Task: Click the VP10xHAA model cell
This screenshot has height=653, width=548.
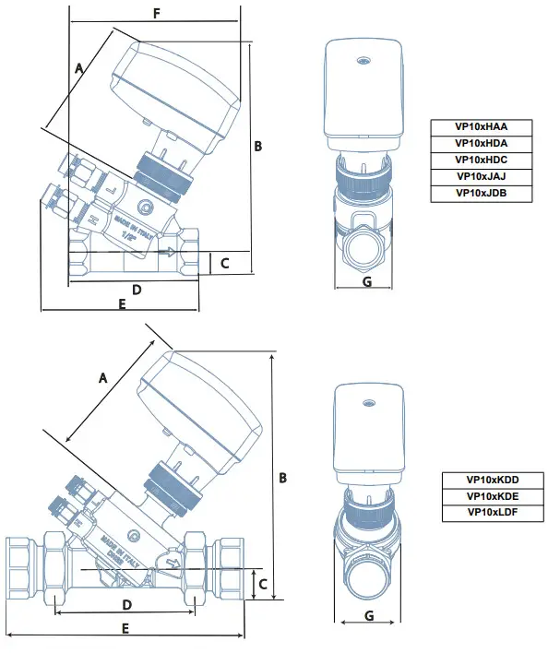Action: pos(481,126)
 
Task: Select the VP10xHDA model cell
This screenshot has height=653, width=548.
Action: pos(481,143)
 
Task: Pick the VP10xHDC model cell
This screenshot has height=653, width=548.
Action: pos(481,160)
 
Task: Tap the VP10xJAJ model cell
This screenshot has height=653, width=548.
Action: pos(481,176)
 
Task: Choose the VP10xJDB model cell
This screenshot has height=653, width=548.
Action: pos(481,193)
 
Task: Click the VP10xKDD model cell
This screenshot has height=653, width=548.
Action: pos(493,480)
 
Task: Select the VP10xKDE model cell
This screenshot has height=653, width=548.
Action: pos(493,496)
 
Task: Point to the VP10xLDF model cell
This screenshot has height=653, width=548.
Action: pos(493,512)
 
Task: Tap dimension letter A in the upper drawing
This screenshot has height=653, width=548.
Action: pos(79,67)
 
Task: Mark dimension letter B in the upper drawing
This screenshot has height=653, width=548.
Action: pos(258,146)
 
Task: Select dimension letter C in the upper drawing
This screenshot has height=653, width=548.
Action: pos(223,264)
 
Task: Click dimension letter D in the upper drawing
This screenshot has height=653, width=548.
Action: pos(136,290)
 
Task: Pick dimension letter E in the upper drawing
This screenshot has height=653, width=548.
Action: pos(122,304)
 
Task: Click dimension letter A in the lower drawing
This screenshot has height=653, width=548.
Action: pos(103,377)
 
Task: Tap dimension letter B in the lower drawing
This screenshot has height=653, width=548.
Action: pos(283,478)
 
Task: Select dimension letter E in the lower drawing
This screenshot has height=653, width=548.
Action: pos(125,627)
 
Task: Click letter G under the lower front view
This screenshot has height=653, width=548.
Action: pos(368,614)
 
